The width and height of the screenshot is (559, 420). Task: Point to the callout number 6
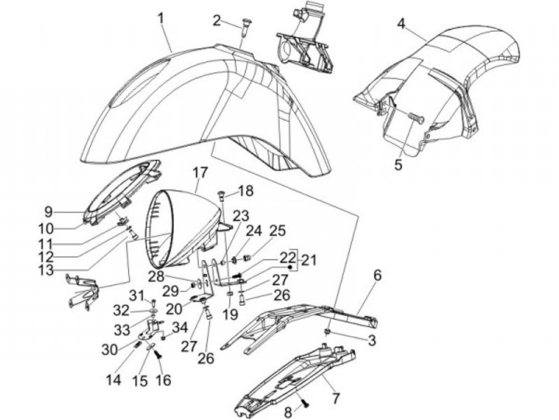[x=377, y=275]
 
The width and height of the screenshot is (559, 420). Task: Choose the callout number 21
[x=309, y=259]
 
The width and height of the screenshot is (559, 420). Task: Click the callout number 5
[x=398, y=164]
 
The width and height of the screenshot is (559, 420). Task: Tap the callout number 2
[x=217, y=19]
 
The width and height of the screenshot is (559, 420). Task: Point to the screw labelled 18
[x=222, y=193]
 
